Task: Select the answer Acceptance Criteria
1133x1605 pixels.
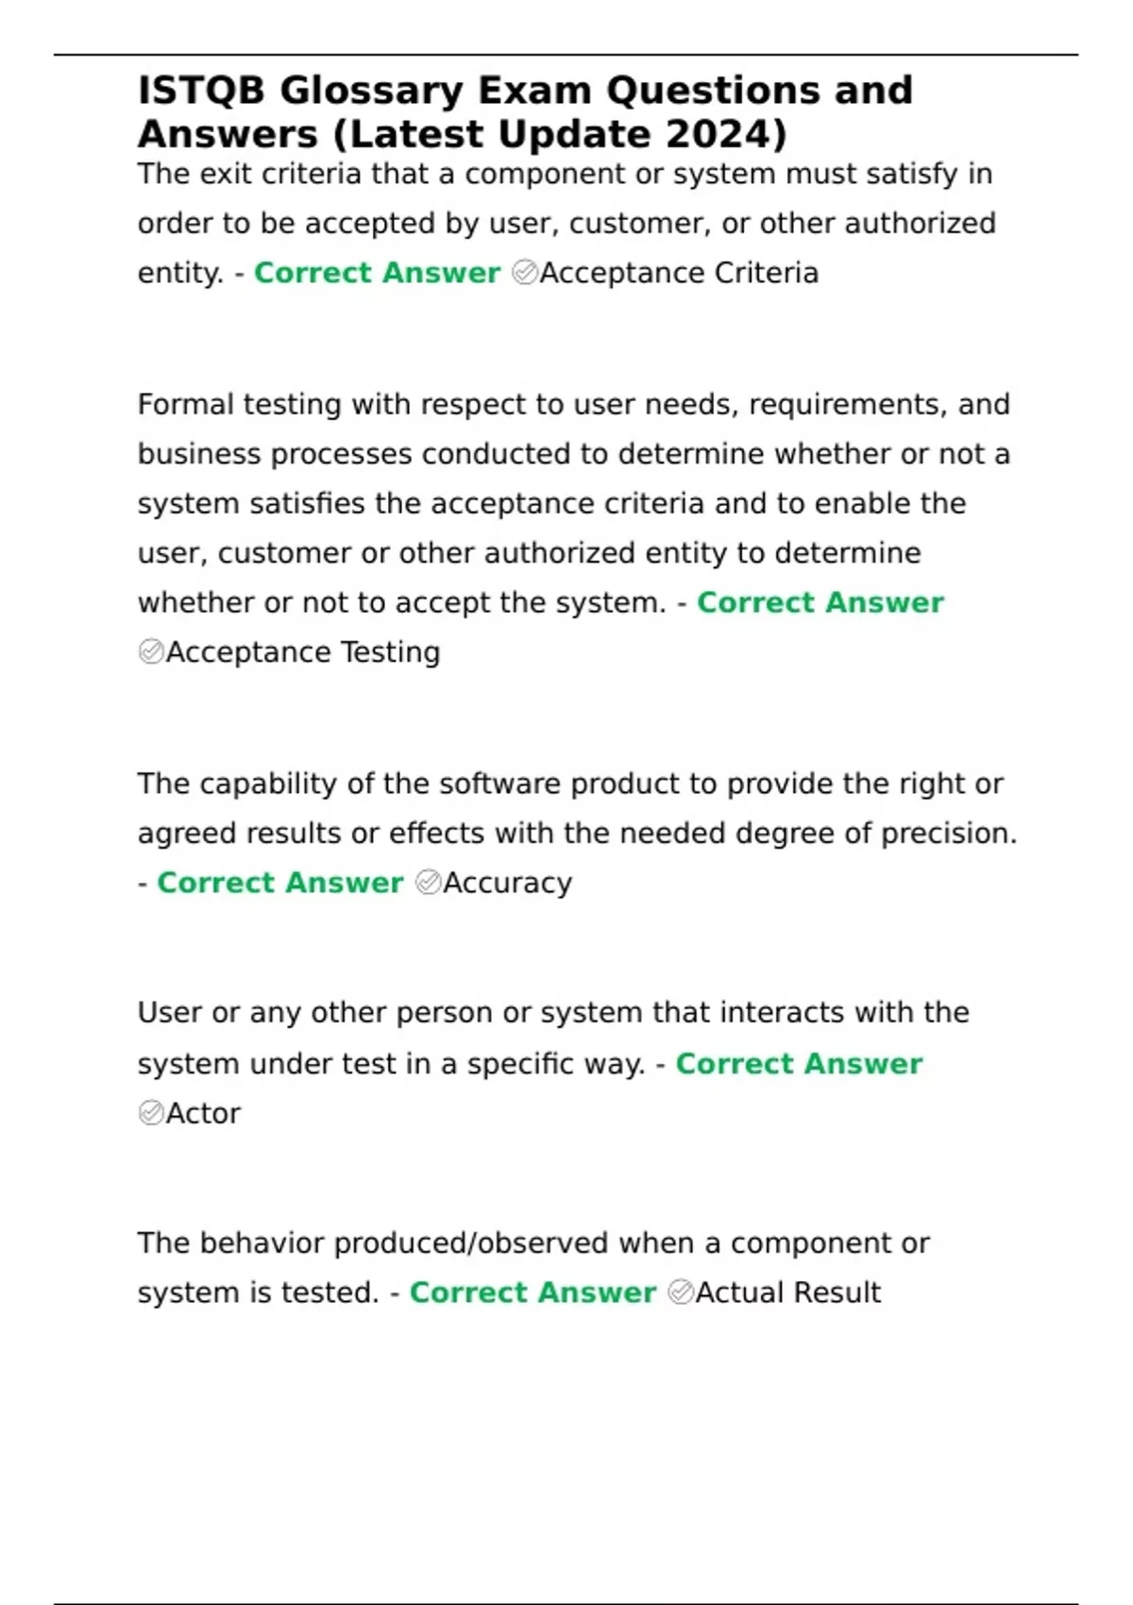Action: pos(679,273)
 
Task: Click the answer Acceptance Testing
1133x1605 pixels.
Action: pos(303,652)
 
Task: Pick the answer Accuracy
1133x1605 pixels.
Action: pos(507,883)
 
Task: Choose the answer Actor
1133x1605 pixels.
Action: pos(203,1113)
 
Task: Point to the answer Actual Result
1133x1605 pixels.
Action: pos(787,1292)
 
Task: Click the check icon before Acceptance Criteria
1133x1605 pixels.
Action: pos(524,273)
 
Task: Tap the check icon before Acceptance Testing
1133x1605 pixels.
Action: pos(151,652)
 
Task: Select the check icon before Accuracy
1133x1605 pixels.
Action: pos(428,883)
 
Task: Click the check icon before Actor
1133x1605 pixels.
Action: pos(151,1113)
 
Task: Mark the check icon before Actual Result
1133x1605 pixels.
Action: pos(681,1292)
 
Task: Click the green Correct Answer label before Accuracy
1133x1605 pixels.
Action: pos(280,883)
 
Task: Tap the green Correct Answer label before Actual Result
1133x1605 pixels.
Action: pos(533,1292)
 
